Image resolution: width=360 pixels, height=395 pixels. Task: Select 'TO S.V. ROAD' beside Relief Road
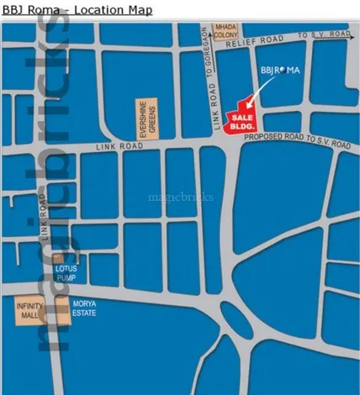coord(323,34)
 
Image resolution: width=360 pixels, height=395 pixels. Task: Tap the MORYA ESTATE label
coord(84,308)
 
